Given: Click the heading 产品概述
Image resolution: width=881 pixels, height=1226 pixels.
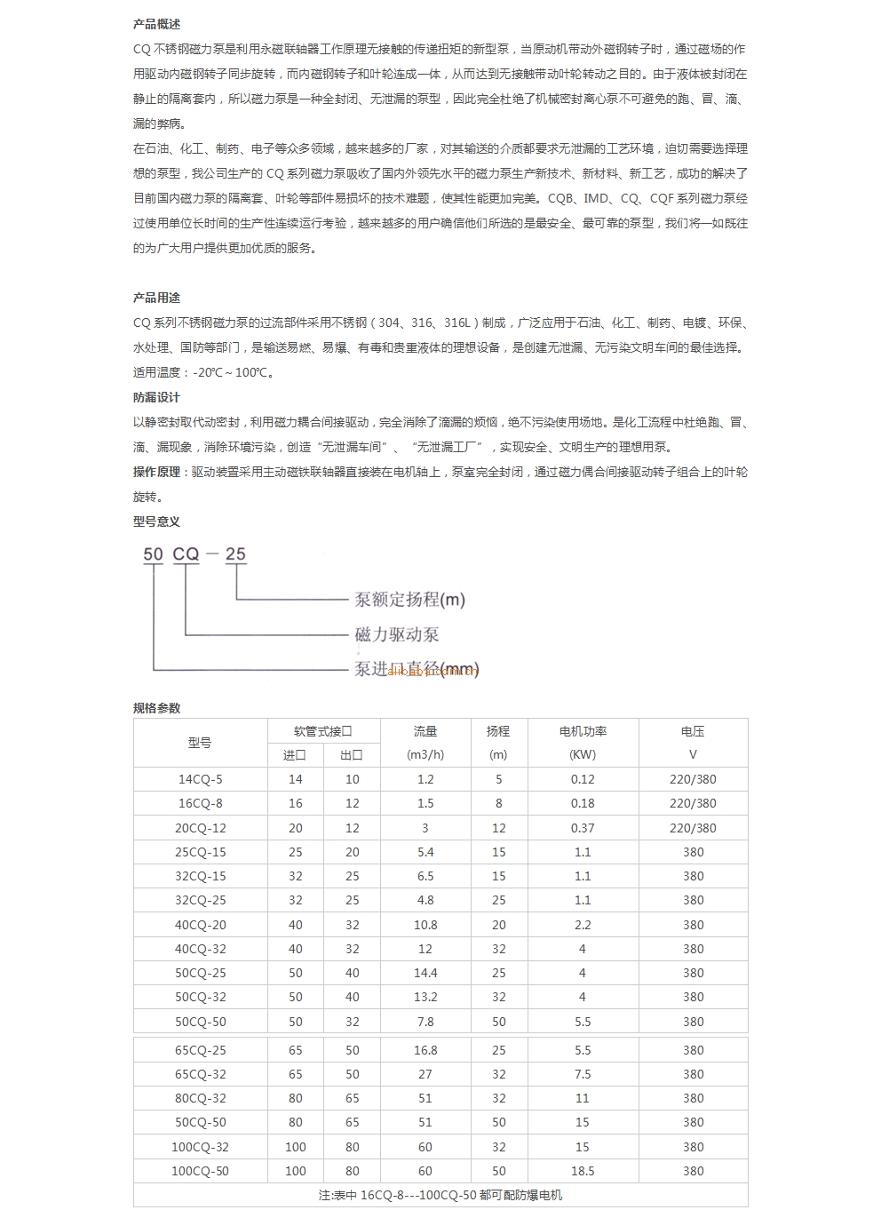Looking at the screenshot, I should click(x=156, y=24).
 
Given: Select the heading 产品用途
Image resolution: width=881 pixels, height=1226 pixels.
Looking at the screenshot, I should click(x=156, y=298).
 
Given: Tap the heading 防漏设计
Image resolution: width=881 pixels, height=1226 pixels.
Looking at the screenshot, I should click(x=156, y=397).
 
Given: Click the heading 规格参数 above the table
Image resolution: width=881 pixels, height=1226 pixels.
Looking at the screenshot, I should click(x=156, y=708).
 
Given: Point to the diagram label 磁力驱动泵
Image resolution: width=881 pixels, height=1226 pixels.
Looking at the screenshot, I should click(x=397, y=634).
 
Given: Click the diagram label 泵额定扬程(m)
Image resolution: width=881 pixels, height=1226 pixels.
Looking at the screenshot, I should click(x=409, y=600).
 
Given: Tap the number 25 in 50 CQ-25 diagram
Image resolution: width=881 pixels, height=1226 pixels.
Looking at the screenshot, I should click(x=235, y=554).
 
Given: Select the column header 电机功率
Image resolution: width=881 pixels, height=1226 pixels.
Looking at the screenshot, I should click(x=583, y=731).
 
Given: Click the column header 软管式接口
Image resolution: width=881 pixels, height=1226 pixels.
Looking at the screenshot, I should click(x=323, y=731).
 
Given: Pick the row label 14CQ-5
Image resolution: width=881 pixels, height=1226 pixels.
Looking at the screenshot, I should click(x=201, y=779).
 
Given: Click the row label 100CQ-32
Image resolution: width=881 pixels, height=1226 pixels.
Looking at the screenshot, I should click(x=201, y=1147).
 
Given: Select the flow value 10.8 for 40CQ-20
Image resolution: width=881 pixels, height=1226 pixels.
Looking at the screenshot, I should click(x=425, y=925).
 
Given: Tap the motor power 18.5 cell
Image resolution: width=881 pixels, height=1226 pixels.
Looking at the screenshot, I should click(x=583, y=1171).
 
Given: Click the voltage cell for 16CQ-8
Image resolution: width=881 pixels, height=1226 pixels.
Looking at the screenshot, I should click(x=693, y=803).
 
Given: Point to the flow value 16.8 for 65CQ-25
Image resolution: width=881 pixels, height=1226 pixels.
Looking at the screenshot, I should click(x=425, y=1050).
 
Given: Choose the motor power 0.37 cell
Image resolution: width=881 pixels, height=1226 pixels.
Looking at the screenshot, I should click(x=583, y=828).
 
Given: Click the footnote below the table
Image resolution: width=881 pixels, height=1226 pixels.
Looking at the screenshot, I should click(x=440, y=1195).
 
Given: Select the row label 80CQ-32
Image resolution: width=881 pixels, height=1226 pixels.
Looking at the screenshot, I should click(x=201, y=1098).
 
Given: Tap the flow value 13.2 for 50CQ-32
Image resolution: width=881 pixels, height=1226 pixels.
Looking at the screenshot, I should click(x=425, y=998).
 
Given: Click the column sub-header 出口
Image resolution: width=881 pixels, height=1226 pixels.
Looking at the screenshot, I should click(x=352, y=755).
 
